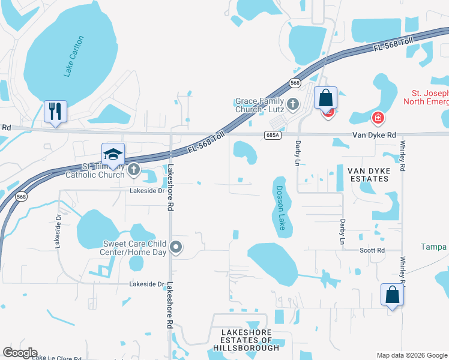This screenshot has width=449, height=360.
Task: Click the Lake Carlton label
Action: (x=74, y=56)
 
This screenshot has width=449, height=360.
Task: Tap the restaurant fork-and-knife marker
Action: (x=55, y=112)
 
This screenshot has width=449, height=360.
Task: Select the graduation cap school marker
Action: (x=113, y=155)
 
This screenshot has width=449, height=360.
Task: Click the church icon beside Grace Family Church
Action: (x=293, y=105)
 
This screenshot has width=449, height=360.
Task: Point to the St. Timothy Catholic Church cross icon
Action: (x=133, y=171)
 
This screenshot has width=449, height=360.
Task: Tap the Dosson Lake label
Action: (x=280, y=208)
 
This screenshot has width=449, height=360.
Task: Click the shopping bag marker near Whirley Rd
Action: (x=392, y=295)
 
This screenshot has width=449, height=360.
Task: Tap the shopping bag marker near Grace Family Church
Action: (x=325, y=98)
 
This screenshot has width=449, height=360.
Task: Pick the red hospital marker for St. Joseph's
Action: (x=378, y=118)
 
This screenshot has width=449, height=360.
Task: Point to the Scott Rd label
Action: (x=372, y=250)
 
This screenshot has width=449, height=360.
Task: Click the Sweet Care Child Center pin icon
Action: (x=176, y=246)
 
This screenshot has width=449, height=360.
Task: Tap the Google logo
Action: (x=20, y=353)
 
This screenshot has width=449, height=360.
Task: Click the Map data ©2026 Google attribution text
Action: (x=411, y=355)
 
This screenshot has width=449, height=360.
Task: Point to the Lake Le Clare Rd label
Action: (x=56, y=358)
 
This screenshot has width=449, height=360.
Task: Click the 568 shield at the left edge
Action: (x=21, y=196)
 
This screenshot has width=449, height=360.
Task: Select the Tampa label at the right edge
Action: (x=433, y=247)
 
